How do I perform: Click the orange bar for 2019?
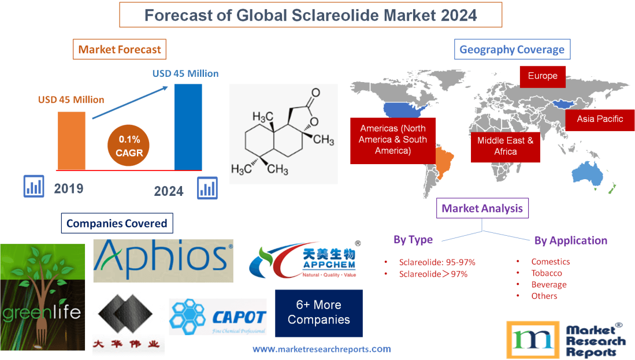click(x=71, y=140)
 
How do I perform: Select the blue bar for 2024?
click(x=188, y=127)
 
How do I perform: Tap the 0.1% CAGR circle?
click(x=125, y=146)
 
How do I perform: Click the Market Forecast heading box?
click(x=120, y=49)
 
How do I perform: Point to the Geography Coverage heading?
click(x=512, y=49)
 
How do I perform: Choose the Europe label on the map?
click(x=543, y=76)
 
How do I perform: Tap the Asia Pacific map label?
click(x=599, y=119)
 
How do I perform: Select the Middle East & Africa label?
click(x=505, y=146)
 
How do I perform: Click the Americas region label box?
click(x=392, y=140)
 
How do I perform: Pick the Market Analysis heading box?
click(x=482, y=208)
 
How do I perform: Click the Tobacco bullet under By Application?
click(x=547, y=273)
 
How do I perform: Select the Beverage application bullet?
click(x=548, y=284)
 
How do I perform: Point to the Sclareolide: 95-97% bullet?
click(x=437, y=262)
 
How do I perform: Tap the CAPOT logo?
click(x=217, y=317)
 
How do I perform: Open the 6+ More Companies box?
click(x=318, y=313)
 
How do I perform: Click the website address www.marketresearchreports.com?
click(x=322, y=349)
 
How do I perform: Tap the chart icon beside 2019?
click(x=34, y=186)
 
